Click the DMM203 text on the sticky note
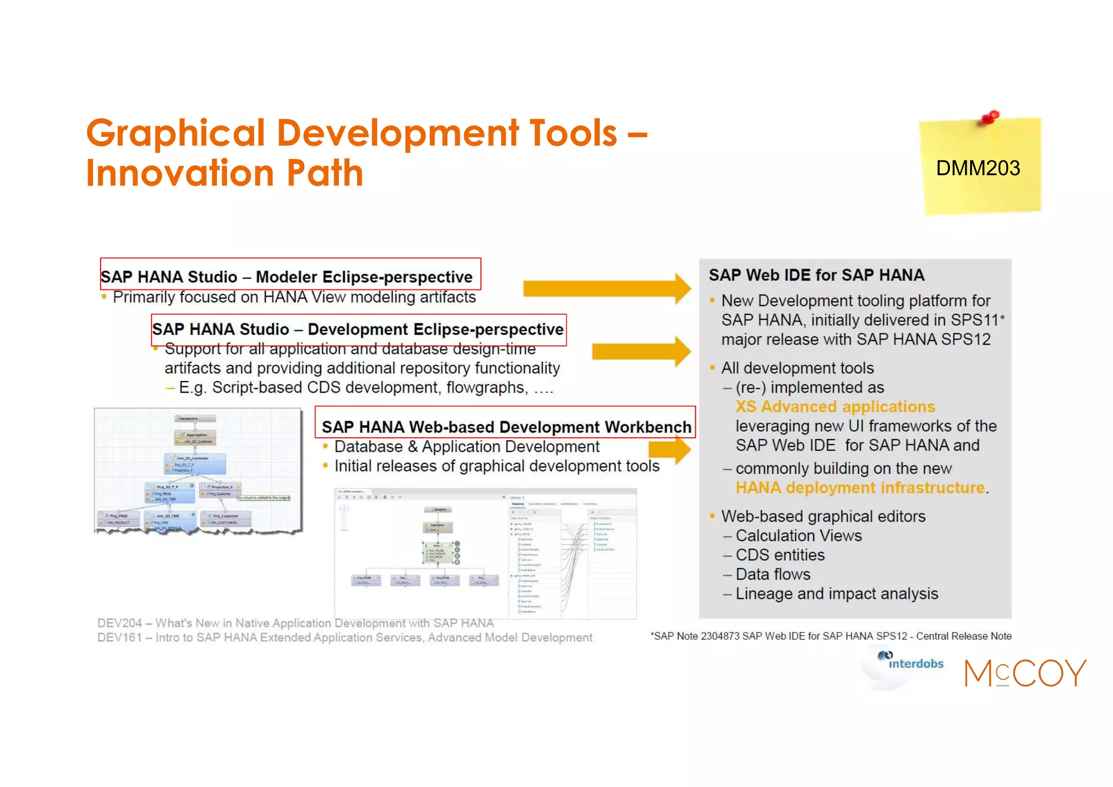pyautogui.click(x=978, y=168)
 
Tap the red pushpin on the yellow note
pyautogui.click(x=990, y=117)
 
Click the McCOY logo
pyautogui.click(x=1025, y=673)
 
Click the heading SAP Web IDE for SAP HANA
pyautogui.click(x=816, y=275)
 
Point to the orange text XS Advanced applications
pyautogui.click(x=835, y=407)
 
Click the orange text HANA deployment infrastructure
pyautogui.click(x=860, y=488)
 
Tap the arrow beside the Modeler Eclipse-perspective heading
pyautogui.click(x=606, y=288)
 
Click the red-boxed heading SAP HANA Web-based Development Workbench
pyautogui.click(x=506, y=427)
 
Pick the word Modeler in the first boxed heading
pyautogui.click(x=286, y=277)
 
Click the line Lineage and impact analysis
pyautogui.click(x=836, y=594)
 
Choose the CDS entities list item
pyautogui.click(x=780, y=555)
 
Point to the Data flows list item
pyautogui.click(x=773, y=574)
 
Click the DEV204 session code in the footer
pyautogui.click(x=120, y=623)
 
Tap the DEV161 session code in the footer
pyautogui.click(x=120, y=637)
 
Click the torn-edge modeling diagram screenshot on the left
pyautogui.click(x=198, y=470)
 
